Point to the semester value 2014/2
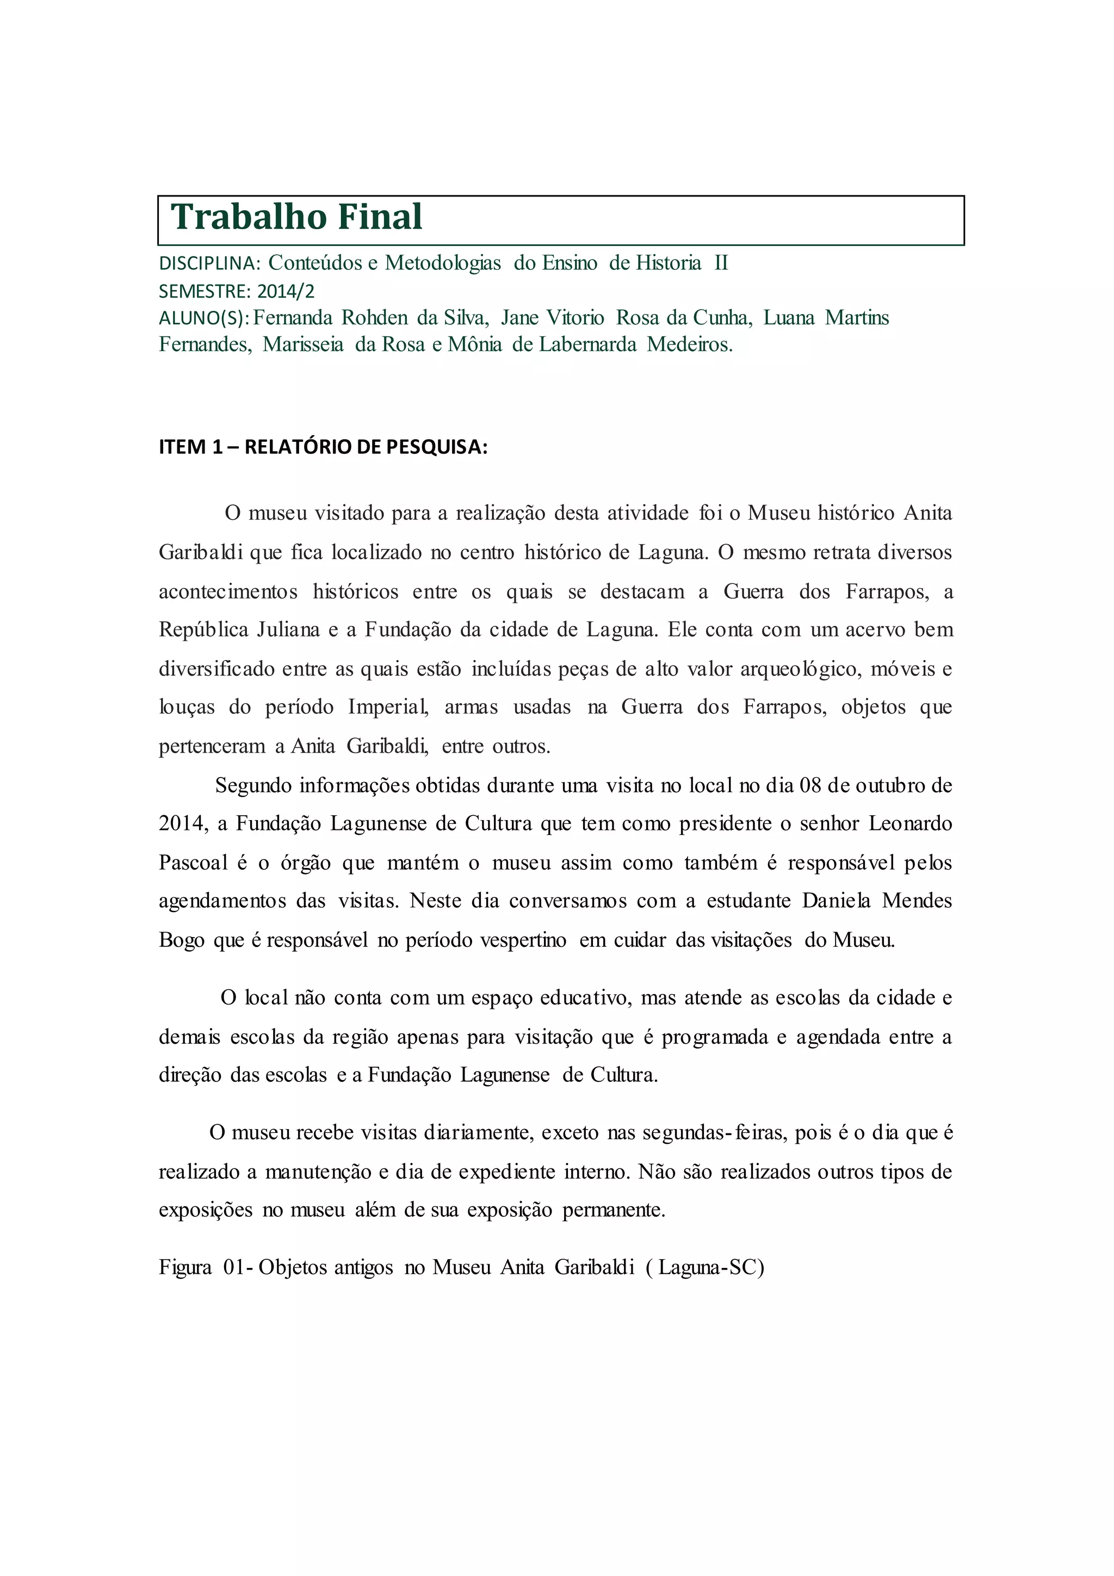(x=286, y=292)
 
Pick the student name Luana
(x=788, y=318)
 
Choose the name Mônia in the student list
(x=475, y=344)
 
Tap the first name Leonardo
(x=910, y=824)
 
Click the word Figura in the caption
(x=185, y=1267)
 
